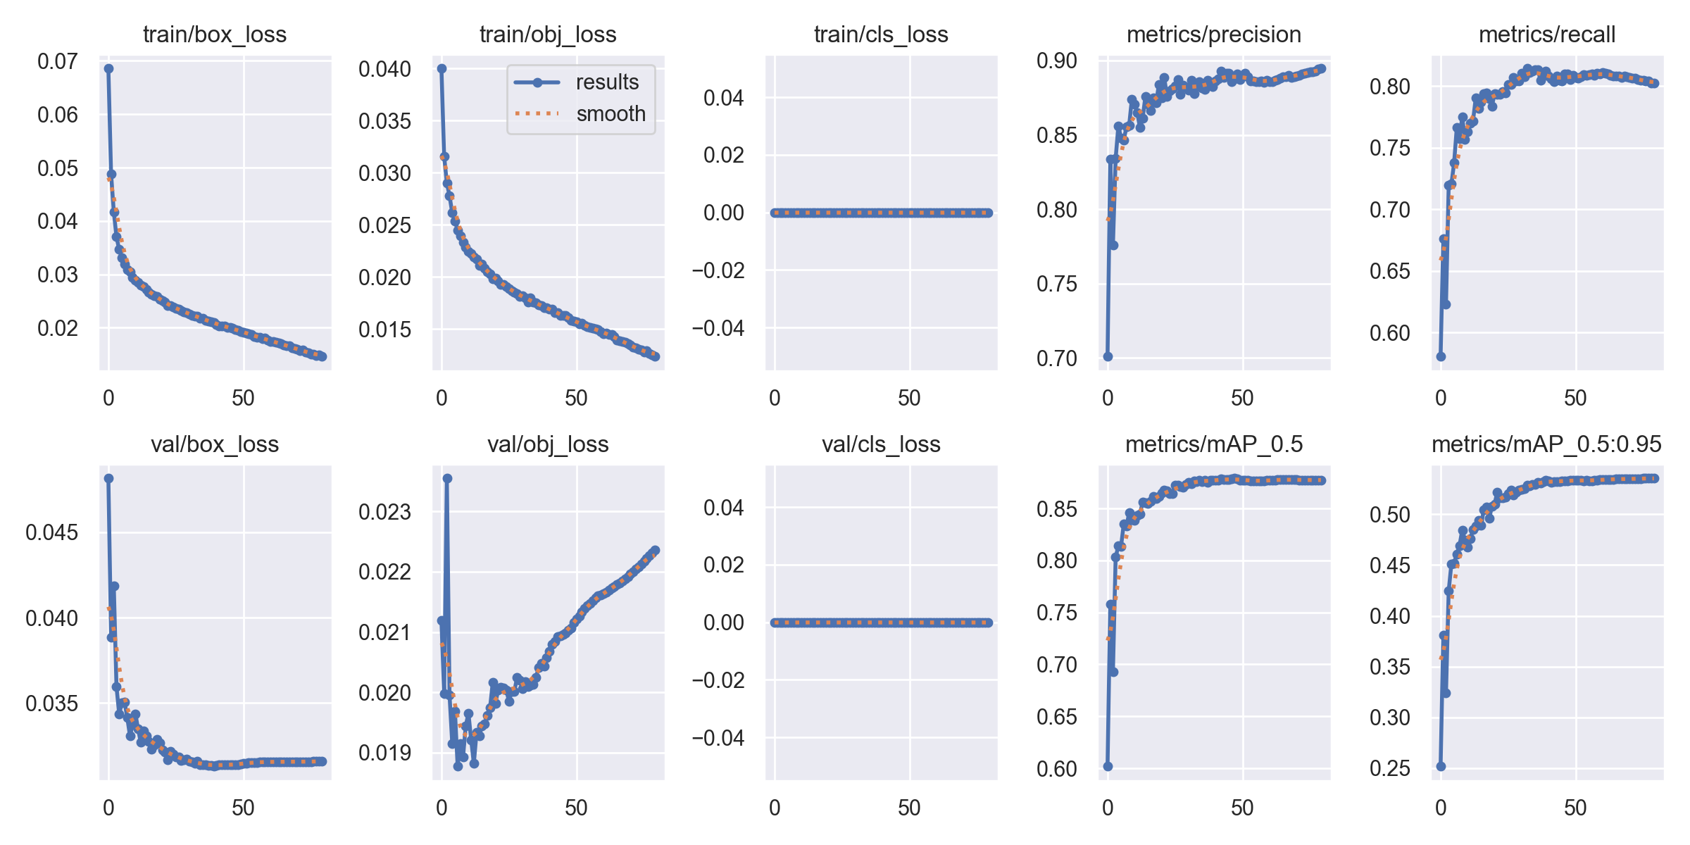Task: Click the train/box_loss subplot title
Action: click(215, 35)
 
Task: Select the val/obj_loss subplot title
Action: click(548, 444)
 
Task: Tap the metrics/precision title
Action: click(1214, 35)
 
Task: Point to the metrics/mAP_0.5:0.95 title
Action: click(1546, 444)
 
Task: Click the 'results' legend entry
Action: click(606, 82)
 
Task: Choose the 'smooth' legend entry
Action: click(610, 113)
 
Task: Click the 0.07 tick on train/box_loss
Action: click(58, 62)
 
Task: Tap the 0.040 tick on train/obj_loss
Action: click(384, 69)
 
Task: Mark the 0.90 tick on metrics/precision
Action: click(1057, 61)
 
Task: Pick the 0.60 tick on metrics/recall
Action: click(1390, 333)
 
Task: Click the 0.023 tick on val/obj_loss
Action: click(384, 512)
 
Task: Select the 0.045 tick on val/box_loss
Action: click(51, 532)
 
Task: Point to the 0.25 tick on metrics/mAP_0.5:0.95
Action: click(1390, 768)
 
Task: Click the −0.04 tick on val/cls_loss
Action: click(718, 738)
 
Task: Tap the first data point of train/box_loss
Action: click(108, 69)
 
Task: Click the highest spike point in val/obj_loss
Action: click(447, 479)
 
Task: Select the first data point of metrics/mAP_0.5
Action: click(1108, 766)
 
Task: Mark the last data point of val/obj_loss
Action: click(655, 550)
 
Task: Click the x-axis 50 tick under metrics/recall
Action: click(1575, 398)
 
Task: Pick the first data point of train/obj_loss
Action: click(442, 69)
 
